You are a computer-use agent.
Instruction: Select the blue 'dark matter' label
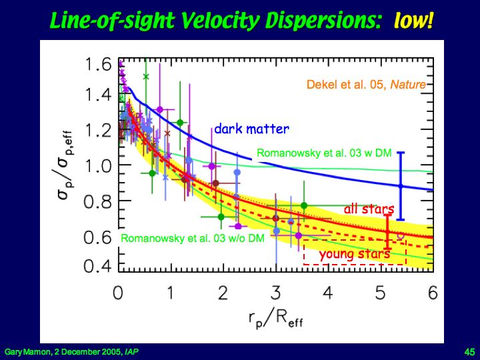[x=251, y=129]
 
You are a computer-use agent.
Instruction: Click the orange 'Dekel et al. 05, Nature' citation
[x=366, y=85]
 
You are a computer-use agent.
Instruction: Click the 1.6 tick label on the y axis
[x=98, y=65]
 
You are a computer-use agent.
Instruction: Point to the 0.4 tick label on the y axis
[x=98, y=267]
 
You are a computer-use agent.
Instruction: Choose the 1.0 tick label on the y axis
[x=98, y=165]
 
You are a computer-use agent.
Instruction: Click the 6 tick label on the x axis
[x=433, y=293]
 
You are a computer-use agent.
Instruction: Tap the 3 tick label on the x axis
[x=276, y=293]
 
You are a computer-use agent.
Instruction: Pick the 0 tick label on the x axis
[x=118, y=293]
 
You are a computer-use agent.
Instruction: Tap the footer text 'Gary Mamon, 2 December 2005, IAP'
[x=72, y=351]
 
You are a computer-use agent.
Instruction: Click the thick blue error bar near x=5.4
[x=400, y=186]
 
